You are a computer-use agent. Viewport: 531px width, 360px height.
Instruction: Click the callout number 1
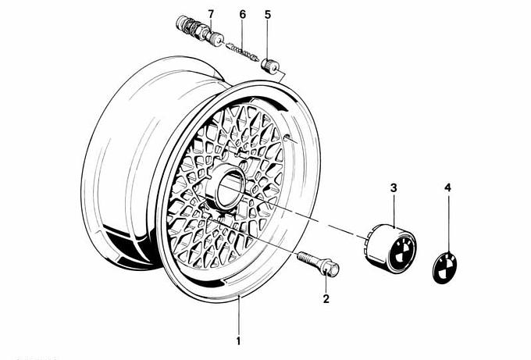click(x=239, y=340)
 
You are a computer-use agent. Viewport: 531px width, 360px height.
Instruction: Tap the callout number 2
click(x=326, y=298)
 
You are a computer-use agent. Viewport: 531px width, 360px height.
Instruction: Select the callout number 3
click(x=394, y=188)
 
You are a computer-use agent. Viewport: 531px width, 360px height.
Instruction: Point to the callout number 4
click(x=447, y=188)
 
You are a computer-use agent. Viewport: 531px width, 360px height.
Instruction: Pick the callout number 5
click(x=268, y=15)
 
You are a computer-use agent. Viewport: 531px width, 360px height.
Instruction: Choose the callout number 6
click(x=242, y=15)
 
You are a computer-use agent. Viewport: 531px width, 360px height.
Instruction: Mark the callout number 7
click(x=208, y=15)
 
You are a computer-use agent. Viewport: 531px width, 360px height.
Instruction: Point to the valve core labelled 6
click(x=243, y=52)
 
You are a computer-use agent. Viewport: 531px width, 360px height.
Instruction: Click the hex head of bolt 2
click(x=330, y=271)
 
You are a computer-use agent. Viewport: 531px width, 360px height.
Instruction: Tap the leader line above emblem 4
click(x=448, y=219)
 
